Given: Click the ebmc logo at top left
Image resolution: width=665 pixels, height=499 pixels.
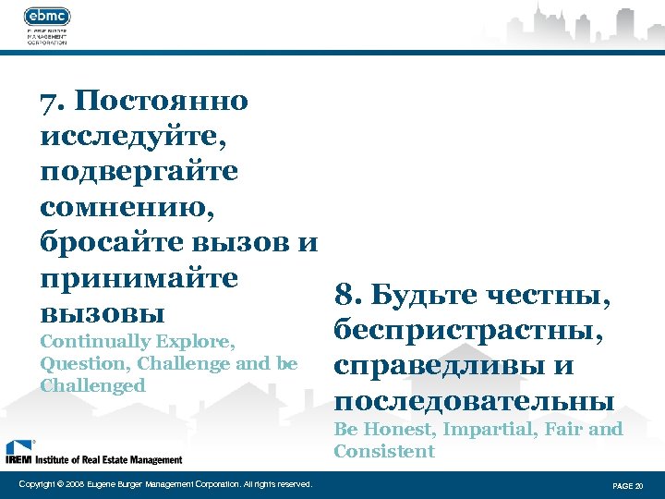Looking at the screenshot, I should tap(47, 18).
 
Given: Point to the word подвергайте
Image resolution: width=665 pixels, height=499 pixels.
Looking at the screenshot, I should tap(139, 172).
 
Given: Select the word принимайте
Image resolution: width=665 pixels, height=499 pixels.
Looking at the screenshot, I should tap(139, 277).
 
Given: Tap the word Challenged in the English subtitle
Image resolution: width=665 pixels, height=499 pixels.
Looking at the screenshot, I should tap(93, 385).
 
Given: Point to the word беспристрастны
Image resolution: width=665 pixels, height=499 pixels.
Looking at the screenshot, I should tap(469, 331).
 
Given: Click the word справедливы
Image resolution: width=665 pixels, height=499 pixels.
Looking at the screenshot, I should tap(439, 366).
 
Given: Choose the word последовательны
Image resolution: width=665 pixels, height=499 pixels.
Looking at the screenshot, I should tap(474, 401).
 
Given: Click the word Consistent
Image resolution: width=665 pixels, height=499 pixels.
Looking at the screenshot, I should tap(383, 452).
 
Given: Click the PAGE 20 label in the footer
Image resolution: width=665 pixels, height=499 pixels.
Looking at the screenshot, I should tap(628, 485).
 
